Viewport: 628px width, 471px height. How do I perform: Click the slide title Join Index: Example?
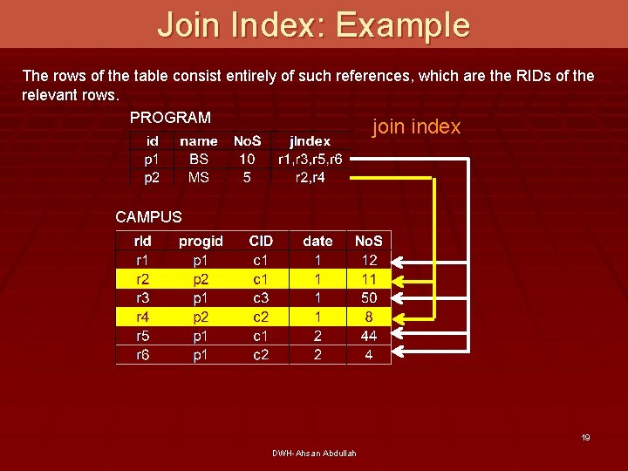point(314,24)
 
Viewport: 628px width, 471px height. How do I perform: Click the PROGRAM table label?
point(170,117)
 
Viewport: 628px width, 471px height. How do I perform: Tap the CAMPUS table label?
point(149,216)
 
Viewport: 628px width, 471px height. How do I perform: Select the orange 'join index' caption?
point(416,127)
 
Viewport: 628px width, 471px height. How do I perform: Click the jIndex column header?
point(310,141)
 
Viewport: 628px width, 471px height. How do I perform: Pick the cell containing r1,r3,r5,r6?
point(310,160)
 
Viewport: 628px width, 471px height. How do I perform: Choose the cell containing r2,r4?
point(310,177)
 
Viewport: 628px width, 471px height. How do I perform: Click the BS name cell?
point(199,160)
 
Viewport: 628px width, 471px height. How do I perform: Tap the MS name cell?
point(199,177)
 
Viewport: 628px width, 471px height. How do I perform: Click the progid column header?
point(201,241)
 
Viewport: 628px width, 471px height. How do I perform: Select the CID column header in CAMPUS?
point(261,241)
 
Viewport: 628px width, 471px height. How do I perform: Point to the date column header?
point(317,241)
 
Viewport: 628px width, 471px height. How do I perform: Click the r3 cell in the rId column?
point(142,297)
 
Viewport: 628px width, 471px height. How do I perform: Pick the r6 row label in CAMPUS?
point(142,354)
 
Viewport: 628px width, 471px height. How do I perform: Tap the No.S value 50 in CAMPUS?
point(369,297)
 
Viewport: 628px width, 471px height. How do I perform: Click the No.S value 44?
point(369,335)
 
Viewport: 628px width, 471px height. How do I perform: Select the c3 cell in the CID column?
point(261,297)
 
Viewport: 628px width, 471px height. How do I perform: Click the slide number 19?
point(586,438)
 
